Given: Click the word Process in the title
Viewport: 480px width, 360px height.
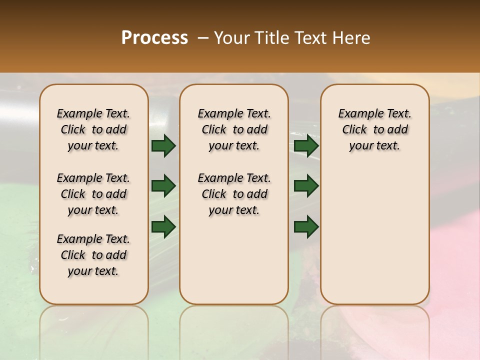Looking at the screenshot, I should [154, 38].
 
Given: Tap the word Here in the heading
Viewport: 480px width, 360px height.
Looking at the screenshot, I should [352, 38].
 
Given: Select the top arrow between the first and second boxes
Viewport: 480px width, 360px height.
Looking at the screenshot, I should [163, 146].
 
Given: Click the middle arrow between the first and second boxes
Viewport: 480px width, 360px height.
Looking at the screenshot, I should [163, 186].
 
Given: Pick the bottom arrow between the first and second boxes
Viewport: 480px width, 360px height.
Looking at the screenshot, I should [163, 226].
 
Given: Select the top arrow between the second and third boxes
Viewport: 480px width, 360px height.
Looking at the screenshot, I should [306, 146].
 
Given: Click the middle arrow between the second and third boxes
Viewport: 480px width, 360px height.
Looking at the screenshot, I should [306, 186].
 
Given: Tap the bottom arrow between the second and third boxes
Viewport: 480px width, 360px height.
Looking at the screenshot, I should [306, 226].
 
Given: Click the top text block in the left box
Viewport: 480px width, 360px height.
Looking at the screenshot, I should [93, 129].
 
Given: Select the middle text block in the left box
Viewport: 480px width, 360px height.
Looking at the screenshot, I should [93, 194].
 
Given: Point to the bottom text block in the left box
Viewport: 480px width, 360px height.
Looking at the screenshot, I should [93, 255].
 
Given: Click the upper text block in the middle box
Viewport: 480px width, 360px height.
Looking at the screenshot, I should [234, 129].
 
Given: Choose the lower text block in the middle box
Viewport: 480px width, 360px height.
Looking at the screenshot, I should [234, 194].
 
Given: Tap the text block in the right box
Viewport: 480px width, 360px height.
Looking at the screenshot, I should [374, 129].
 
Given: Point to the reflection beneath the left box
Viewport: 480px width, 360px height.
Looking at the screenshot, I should [94, 330].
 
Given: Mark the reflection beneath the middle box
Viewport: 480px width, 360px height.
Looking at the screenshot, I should [234, 330].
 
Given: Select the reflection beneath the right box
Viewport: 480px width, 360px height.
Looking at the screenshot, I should [375, 330].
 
